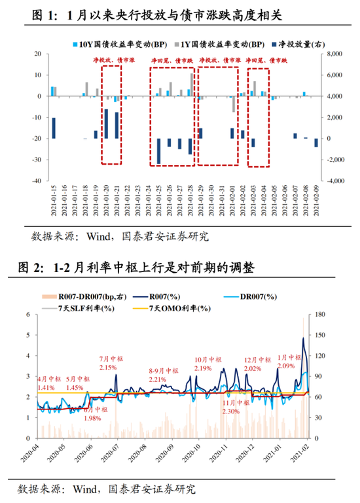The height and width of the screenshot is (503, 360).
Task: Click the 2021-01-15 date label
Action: [x=53, y=200]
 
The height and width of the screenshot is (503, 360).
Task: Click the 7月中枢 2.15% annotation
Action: [x=108, y=363]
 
